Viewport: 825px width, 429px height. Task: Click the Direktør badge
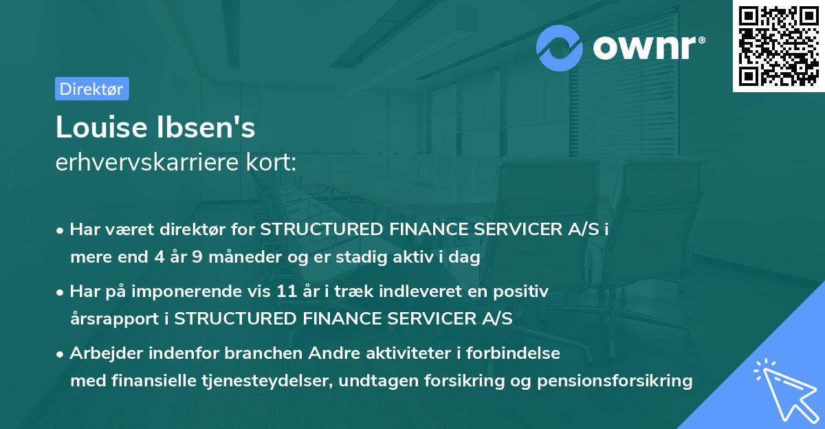point(91,89)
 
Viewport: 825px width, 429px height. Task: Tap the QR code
point(779,46)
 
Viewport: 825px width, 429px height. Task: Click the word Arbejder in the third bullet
point(100,353)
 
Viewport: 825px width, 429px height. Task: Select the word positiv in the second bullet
point(525,291)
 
